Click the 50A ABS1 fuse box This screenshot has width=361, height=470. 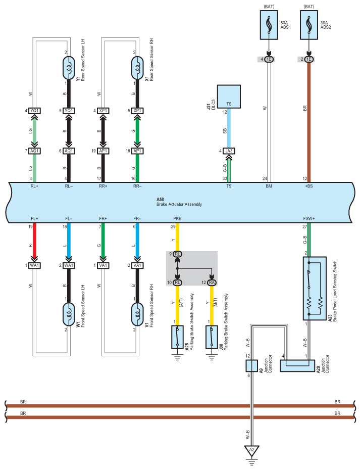pyautogui.click(x=269, y=25)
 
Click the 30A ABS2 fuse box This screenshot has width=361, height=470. pyautogui.click(x=309, y=25)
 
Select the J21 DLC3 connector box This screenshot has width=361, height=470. pyautogui.click(x=229, y=97)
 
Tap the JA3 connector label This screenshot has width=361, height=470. pyautogui.click(x=229, y=151)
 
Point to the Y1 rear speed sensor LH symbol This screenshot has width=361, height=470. pyautogui.click(x=69, y=68)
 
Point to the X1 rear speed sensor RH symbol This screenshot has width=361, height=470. pyautogui.click(x=137, y=68)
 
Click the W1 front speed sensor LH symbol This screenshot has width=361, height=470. pyautogui.click(x=69, y=314)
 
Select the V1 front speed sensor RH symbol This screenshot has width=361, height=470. pyautogui.click(x=137, y=314)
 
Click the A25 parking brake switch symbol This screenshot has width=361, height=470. pyautogui.click(x=177, y=337)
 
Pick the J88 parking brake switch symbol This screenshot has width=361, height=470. pyautogui.click(x=212, y=337)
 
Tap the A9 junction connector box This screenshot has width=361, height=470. pyautogui.click(x=251, y=366)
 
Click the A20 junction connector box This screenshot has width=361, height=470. pyautogui.click(x=297, y=366)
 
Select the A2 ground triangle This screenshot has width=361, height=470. pyautogui.click(x=251, y=450)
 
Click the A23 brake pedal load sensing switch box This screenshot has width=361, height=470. pyautogui.click(x=315, y=289)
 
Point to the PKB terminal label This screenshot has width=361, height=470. pyautogui.click(x=177, y=218)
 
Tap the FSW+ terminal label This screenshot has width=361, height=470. pyautogui.click(x=309, y=218)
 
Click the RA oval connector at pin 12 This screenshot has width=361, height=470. pyautogui.click(x=212, y=283)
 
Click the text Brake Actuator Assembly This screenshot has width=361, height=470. pyautogui.click(x=179, y=205)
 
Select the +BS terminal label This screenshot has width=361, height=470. pyautogui.click(x=309, y=186)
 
